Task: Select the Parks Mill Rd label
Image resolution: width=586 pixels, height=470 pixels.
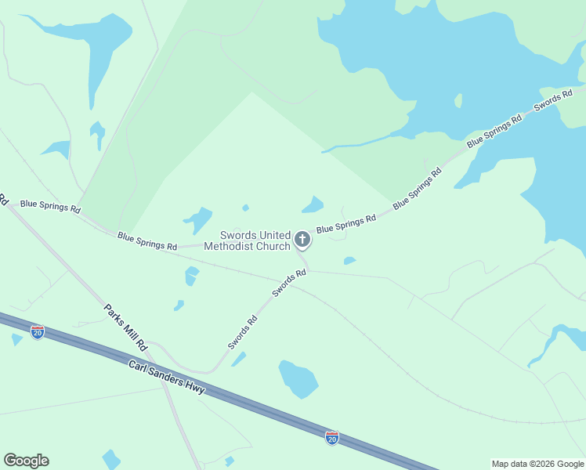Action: point(126,326)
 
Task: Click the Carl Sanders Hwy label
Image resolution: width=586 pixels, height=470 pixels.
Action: point(168,374)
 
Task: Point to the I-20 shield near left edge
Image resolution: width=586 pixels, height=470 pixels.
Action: point(38,332)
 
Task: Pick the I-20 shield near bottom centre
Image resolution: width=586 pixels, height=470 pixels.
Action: point(332,437)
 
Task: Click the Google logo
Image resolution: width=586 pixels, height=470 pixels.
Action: point(26,461)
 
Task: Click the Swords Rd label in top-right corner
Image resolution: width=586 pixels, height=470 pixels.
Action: point(548,101)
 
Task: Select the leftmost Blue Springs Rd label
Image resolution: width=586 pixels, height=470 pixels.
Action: point(50,205)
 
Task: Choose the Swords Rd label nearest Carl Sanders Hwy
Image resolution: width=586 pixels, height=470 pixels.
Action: point(243,332)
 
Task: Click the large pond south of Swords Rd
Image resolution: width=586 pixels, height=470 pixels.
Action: point(298,379)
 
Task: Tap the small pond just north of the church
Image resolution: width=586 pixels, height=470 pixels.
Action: point(313,205)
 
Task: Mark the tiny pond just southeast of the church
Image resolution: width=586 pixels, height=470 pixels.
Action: point(349,261)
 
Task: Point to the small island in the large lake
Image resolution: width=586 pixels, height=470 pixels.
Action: point(458,100)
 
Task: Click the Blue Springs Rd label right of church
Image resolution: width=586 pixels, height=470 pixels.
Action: point(346,225)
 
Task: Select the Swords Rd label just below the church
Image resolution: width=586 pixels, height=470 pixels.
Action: point(288,284)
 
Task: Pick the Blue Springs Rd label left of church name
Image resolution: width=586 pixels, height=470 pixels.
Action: point(146,240)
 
